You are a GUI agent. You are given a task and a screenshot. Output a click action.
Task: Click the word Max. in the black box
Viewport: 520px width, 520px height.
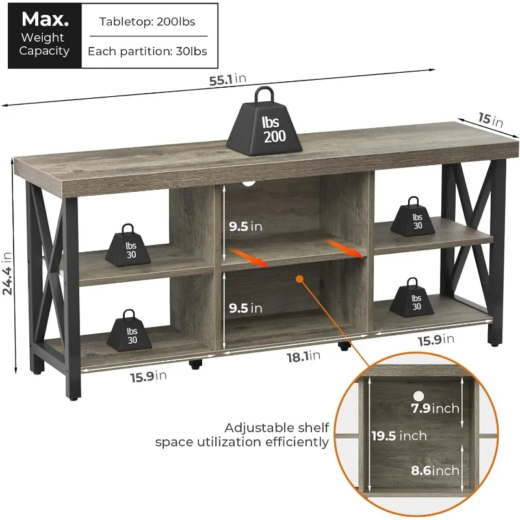tap(44, 18)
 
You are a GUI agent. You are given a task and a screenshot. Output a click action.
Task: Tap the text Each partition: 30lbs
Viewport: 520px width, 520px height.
tap(148, 51)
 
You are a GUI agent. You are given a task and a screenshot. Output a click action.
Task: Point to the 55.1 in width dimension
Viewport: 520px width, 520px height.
tap(227, 79)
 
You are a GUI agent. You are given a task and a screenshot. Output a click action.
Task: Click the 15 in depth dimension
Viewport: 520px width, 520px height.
tap(492, 120)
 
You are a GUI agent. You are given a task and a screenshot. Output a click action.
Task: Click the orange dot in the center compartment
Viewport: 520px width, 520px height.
tap(300, 279)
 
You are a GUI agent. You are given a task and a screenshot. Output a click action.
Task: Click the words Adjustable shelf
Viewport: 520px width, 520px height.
tap(278, 428)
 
